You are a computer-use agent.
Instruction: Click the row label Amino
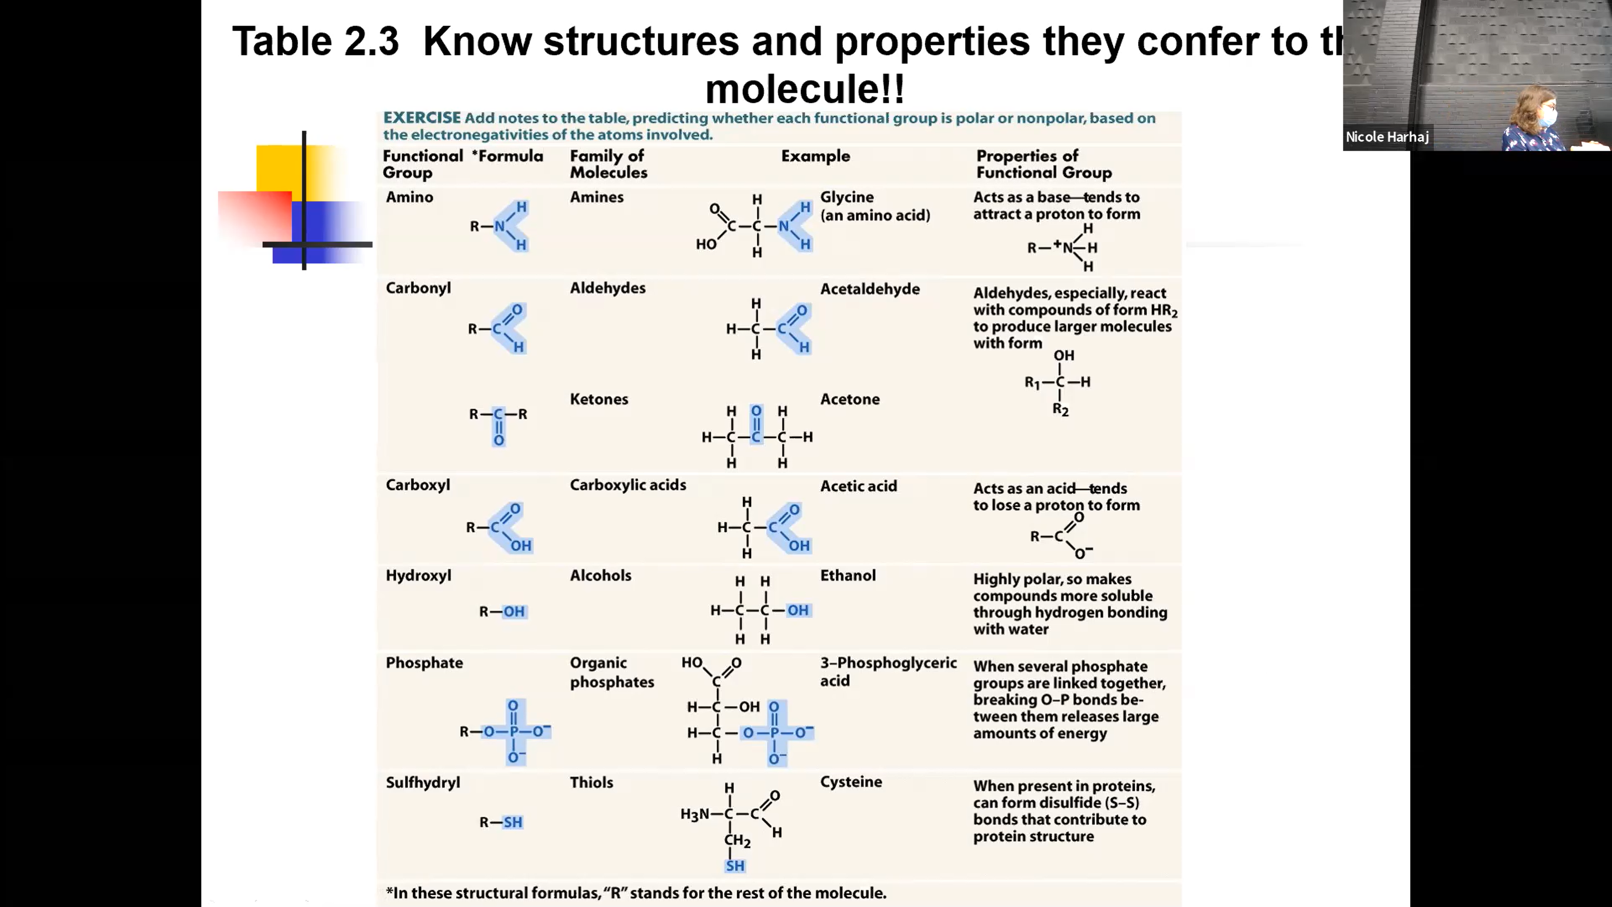[409, 197]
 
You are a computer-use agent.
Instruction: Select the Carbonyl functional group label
[418, 288]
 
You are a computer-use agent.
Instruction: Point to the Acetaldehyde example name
[869, 289]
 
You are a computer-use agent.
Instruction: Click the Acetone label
[849, 399]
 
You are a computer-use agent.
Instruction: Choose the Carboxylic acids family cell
[627, 485]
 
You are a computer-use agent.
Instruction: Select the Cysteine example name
[850, 782]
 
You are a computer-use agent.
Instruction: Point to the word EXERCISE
[422, 118]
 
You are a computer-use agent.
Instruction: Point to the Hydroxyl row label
[418, 576]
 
